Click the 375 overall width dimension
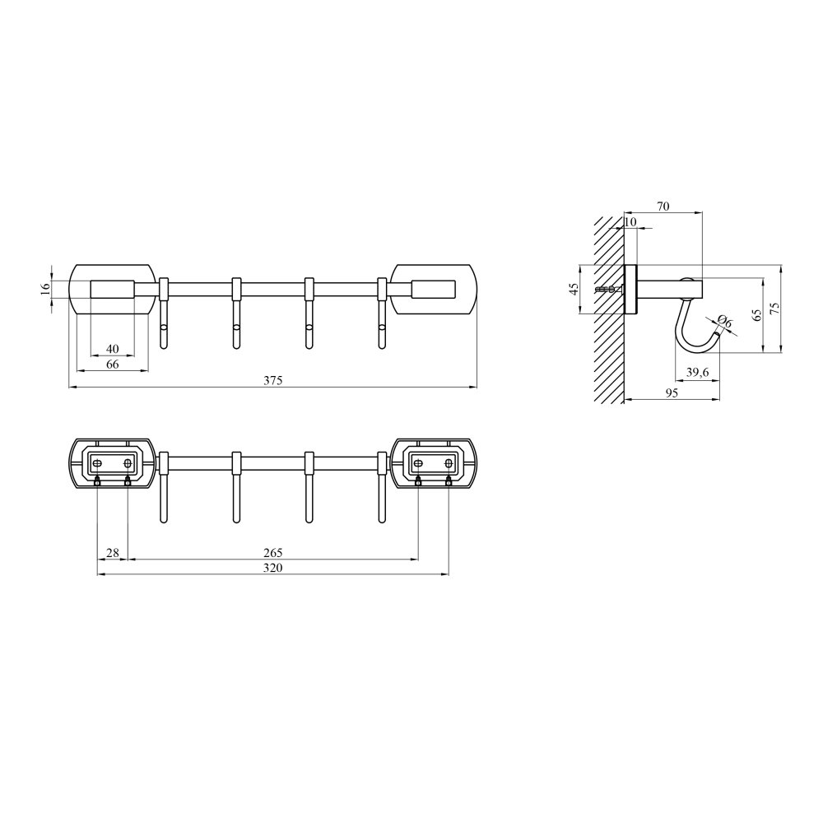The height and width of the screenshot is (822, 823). (273, 380)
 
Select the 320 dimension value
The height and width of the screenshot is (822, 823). (273, 568)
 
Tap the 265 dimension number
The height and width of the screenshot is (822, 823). (273, 553)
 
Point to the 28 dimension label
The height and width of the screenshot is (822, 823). (113, 553)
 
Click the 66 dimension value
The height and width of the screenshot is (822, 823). (112, 365)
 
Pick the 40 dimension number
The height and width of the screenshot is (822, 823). (112, 349)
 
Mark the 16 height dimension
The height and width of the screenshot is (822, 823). (45, 289)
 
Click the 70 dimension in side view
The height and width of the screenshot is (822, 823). (663, 207)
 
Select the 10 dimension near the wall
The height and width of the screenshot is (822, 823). (630, 222)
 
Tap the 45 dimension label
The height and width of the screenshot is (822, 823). (574, 289)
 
